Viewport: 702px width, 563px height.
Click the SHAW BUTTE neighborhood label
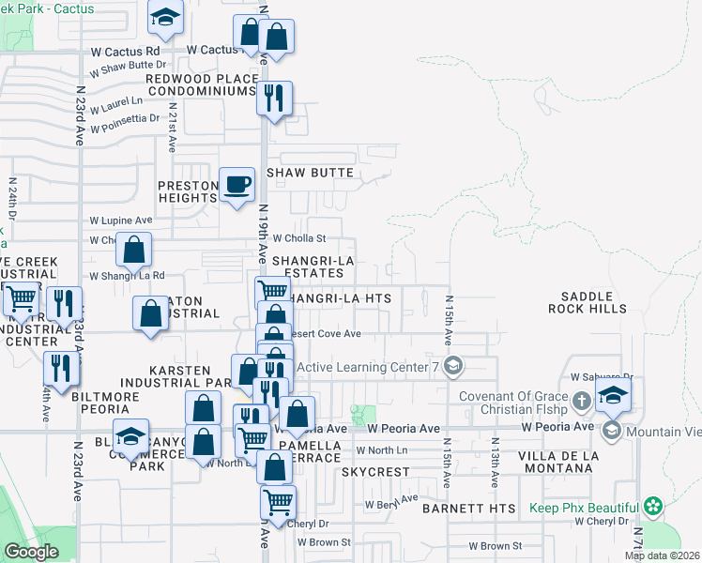point(310,173)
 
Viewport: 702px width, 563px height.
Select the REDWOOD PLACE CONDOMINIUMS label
point(197,84)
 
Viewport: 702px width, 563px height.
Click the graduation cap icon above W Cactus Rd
point(165,18)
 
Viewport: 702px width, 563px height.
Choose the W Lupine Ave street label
point(120,220)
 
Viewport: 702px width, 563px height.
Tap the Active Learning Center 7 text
point(368,366)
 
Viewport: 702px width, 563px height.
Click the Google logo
point(31,552)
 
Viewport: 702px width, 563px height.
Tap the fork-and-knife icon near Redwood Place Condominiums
point(274,98)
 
